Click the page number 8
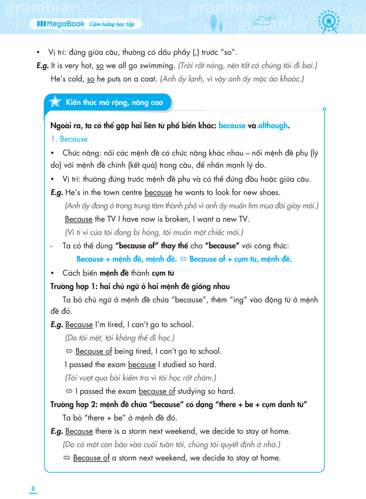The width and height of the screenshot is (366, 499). (33, 489)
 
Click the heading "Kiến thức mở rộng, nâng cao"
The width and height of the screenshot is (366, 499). (114, 102)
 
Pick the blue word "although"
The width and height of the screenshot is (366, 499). (273, 126)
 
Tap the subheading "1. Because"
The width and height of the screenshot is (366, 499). (69, 139)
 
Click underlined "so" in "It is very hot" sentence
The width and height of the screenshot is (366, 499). (100, 65)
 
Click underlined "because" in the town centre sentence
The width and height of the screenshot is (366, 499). (158, 193)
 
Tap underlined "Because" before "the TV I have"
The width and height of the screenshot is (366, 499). (79, 219)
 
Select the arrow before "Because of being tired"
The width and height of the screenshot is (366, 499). (69, 351)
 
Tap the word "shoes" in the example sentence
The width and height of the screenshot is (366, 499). (270, 193)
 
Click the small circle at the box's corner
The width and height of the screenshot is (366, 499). (324, 109)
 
